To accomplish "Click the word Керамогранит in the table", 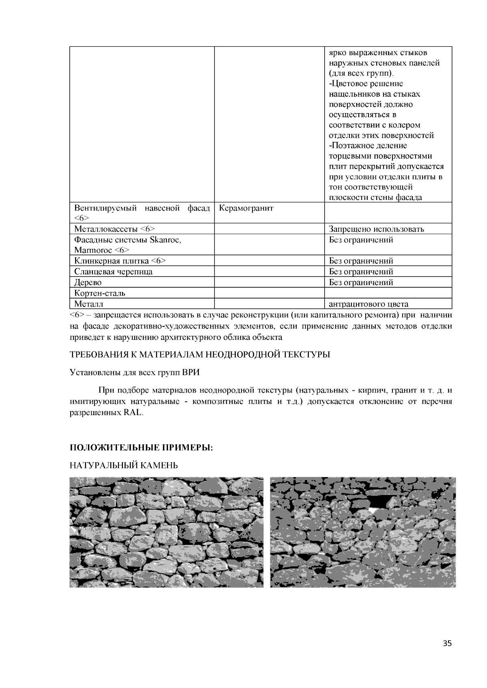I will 246,208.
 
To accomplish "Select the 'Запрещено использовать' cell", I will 376,229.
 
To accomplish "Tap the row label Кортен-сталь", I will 100,293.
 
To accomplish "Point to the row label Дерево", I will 88,282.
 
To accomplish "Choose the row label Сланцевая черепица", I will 113,272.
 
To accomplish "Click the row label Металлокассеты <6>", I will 114,229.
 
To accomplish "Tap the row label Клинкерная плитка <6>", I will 120,261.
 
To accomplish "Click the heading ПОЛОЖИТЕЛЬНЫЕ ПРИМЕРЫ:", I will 141,448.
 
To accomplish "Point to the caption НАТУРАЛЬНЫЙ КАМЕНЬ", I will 124,465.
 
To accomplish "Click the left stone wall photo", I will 166,532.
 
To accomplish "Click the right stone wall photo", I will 362,532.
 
